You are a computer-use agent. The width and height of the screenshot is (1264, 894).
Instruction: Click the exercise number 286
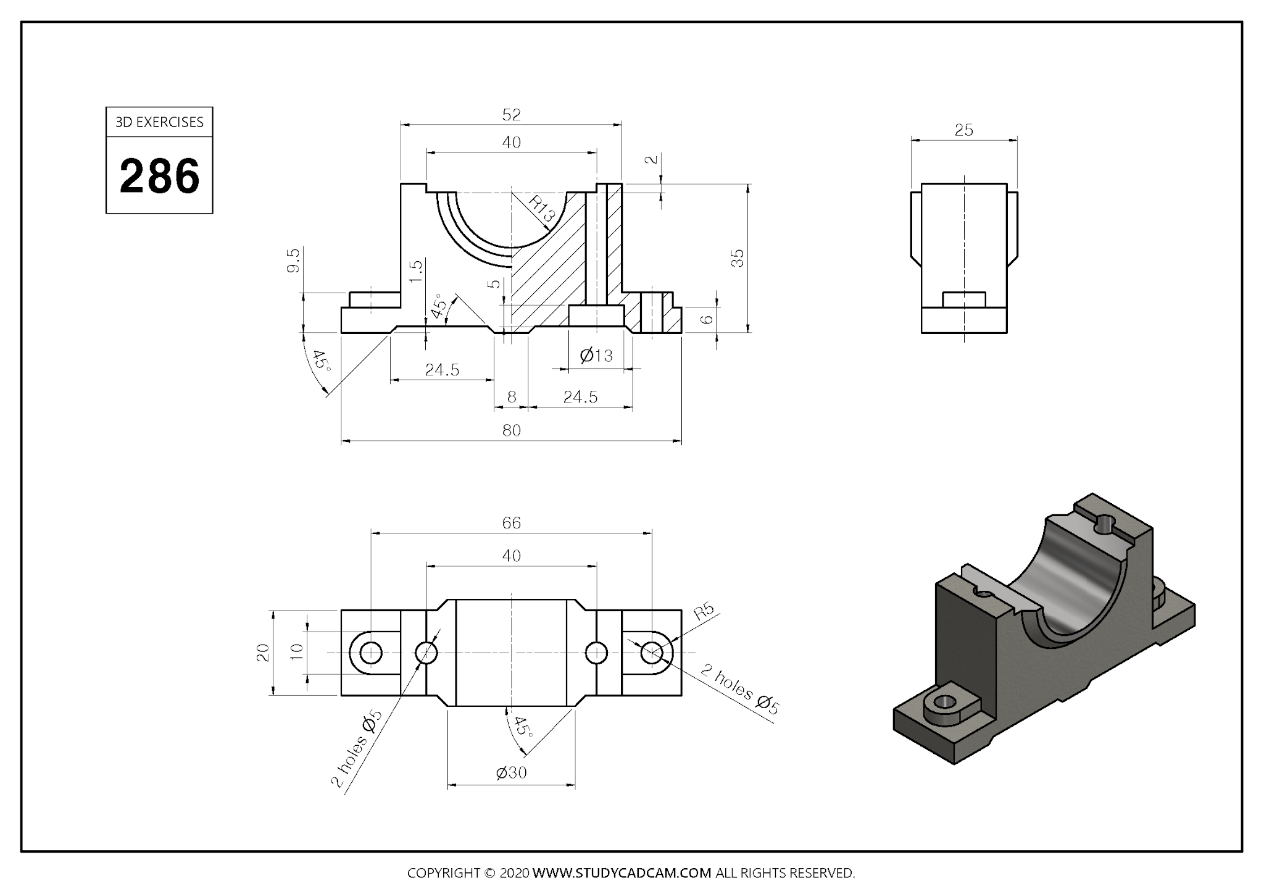(x=159, y=176)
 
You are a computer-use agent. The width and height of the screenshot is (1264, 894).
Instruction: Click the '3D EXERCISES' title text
(x=159, y=122)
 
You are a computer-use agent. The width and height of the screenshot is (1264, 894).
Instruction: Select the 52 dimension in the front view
(x=511, y=115)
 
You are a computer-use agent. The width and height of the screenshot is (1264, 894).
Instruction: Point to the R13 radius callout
(x=543, y=209)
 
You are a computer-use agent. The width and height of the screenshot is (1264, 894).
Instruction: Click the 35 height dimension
(x=738, y=257)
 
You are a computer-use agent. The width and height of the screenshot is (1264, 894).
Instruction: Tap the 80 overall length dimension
(x=511, y=430)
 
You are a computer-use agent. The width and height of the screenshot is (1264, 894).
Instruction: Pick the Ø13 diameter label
(x=596, y=356)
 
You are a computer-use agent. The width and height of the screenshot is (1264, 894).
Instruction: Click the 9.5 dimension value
(x=294, y=260)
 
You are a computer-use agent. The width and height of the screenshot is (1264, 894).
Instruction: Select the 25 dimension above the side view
(x=963, y=130)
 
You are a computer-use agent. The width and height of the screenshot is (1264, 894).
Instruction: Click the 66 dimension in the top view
(x=511, y=523)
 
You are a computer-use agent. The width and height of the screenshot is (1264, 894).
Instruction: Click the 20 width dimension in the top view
(x=264, y=653)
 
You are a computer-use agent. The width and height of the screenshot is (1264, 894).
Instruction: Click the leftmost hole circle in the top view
(x=370, y=653)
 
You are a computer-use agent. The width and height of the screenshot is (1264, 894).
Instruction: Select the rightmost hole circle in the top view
(x=652, y=653)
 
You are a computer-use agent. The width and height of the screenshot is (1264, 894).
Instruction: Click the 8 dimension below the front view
(x=511, y=397)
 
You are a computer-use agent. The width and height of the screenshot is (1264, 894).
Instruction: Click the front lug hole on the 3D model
(x=944, y=702)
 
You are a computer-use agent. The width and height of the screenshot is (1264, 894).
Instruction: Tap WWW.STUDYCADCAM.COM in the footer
(x=622, y=873)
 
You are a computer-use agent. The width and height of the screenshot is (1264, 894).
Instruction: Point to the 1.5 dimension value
(x=416, y=271)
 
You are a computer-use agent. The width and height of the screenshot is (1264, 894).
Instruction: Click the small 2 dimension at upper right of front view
(x=651, y=159)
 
